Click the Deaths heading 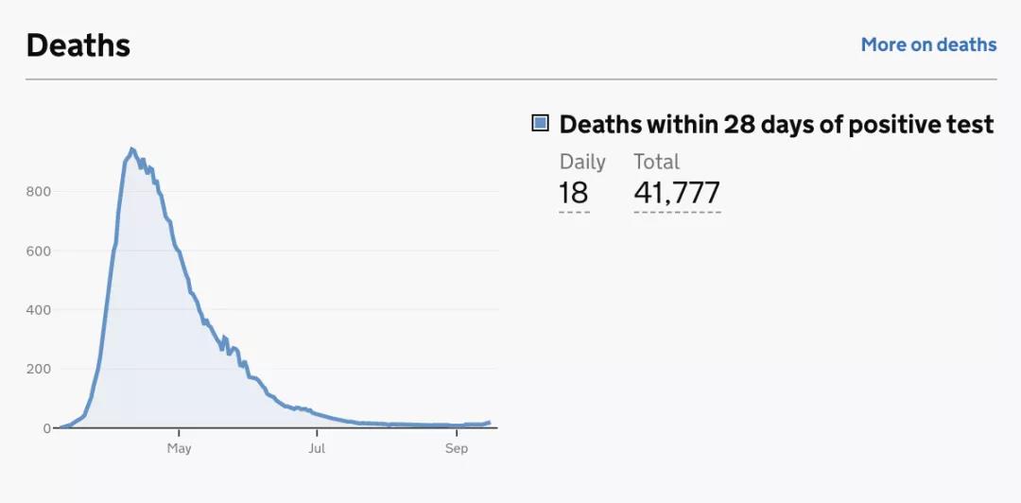[78, 45]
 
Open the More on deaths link [928, 44]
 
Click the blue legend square [541, 123]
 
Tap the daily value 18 [573, 193]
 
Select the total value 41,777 [677, 193]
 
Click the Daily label [582, 162]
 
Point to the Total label [656, 162]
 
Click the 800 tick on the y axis [39, 192]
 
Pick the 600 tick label [39, 251]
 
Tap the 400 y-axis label [39, 310]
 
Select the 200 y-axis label [39, 369]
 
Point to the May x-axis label [179, 448]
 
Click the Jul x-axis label [317, 448]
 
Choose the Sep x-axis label [457, 448]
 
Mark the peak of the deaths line [131, 148]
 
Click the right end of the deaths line [489, 423]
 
